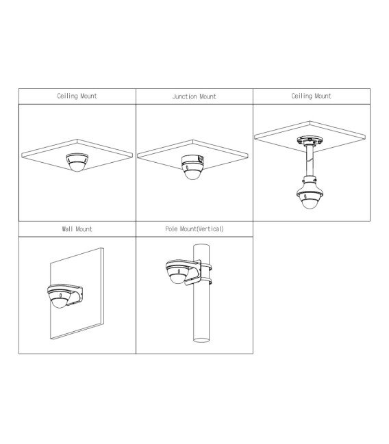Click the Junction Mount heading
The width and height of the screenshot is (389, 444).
[194, 96]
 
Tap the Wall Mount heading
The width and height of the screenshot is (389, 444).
[77, 229]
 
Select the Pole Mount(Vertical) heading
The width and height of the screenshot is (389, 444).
[194, 228]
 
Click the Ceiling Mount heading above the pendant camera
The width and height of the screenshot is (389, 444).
[312, 96]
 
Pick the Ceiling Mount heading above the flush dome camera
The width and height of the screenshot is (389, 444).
[77, 96]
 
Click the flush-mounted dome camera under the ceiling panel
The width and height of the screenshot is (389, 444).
[77, 162]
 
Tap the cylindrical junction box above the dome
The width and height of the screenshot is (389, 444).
[193, 160]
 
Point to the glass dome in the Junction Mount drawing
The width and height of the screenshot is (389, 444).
[192, 173]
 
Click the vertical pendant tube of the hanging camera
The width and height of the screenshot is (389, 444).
[310, 161]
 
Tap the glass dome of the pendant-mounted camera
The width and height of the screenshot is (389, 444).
[310, 204]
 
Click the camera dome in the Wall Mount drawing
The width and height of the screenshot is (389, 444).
[59, 302]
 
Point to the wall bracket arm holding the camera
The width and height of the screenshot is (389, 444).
[74, 294]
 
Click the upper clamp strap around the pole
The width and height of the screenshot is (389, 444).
[206, 267]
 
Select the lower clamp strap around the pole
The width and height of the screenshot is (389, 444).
[206, 281]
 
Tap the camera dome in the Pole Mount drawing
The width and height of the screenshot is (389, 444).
[177, 277]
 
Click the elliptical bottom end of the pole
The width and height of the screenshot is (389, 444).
[201, 340]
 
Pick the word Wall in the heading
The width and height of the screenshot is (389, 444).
[68, 229]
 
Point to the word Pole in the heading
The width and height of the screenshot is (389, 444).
[172, 228]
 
